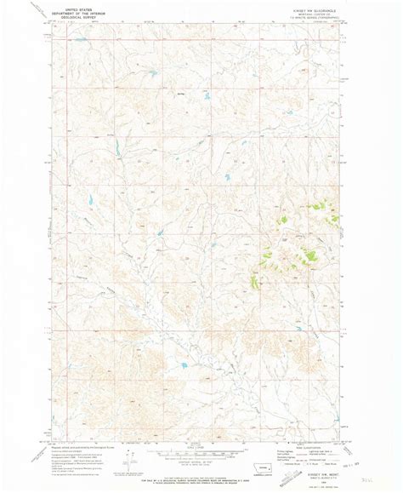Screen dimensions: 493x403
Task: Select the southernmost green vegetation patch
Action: [x=253, y=282]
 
